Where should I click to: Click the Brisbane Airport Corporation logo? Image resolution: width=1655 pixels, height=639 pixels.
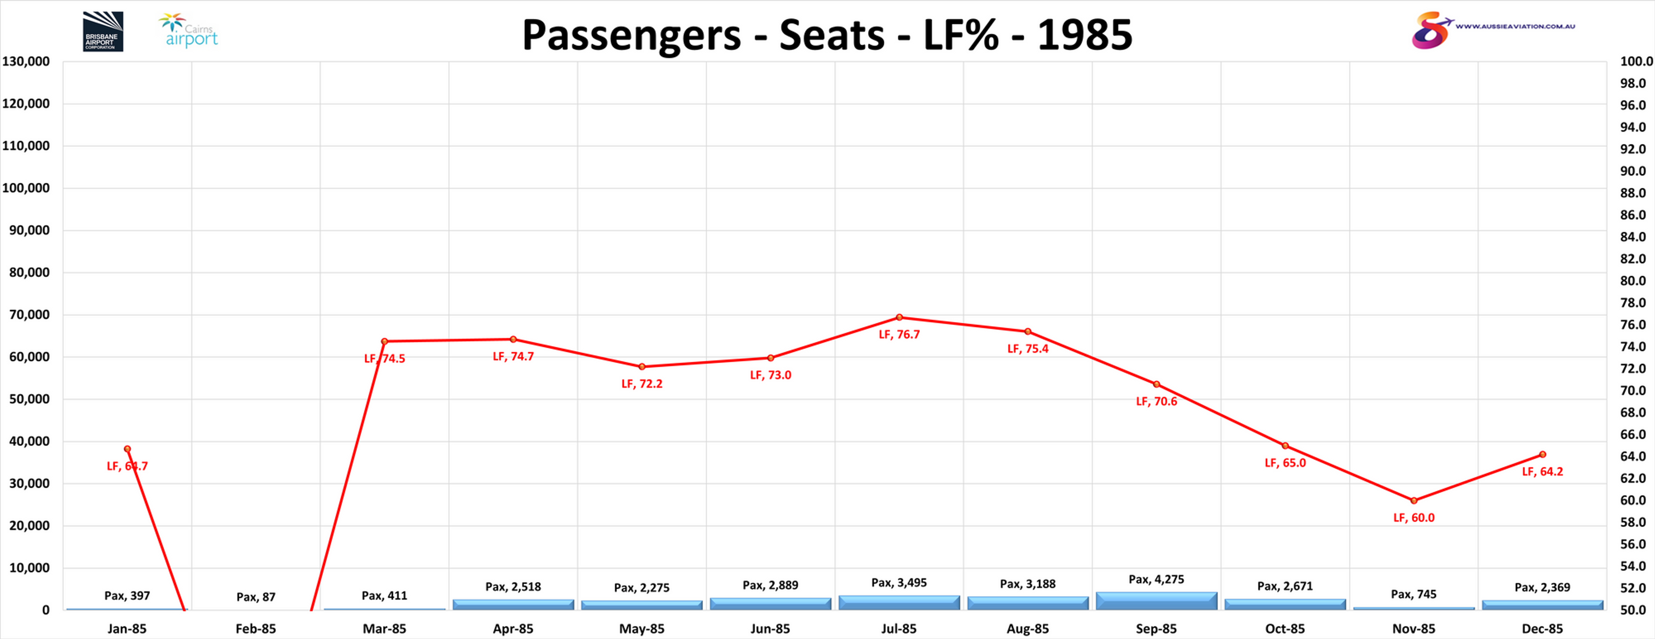[103, 32]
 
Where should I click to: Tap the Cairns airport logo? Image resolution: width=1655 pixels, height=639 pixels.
[188, 31]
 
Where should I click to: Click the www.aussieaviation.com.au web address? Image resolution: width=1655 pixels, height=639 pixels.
[1515, 26]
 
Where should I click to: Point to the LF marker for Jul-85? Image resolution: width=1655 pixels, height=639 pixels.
[899, 317]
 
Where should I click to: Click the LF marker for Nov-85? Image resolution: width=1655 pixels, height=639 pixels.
[1413, 500]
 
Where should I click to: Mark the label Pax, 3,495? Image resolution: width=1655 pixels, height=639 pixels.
[899, 583]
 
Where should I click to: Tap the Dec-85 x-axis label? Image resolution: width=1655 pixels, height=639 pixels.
[1542, 629]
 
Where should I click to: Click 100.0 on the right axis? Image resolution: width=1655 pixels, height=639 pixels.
[1636, 62]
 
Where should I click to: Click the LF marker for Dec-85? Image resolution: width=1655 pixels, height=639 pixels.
[1542, 455]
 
